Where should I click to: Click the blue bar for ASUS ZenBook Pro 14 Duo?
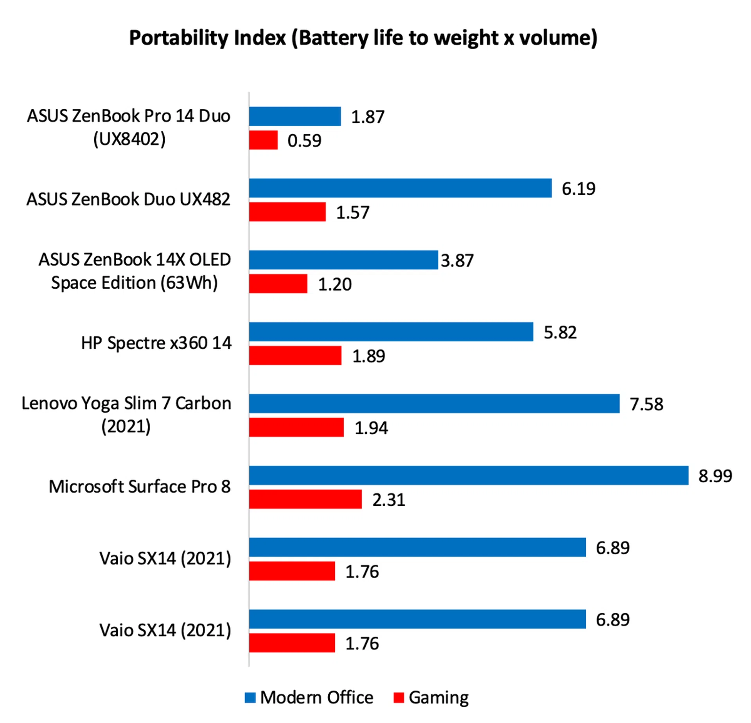pos(295,116)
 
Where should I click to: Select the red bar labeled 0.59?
pos(263,140)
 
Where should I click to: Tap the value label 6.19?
pos(579,189)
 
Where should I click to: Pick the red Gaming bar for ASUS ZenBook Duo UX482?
pos(287,212)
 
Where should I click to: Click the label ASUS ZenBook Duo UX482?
pos(128,199)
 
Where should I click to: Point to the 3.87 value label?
pos(457,261)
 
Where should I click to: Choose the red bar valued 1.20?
pos(278,284)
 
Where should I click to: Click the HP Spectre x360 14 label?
pos(156,343)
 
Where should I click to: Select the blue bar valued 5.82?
pos(391,332)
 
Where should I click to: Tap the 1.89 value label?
pos(368,356)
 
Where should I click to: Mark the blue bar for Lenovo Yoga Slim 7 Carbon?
pos(434,403)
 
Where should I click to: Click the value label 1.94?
pos(371,428)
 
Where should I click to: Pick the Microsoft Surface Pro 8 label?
pos(140,487)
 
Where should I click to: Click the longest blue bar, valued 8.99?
pos(469,475)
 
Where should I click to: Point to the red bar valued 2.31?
pos(305,499)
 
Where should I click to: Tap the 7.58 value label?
pos(647,404)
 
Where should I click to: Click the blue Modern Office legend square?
pos(250,698)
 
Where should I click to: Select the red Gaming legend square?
pos(399,698)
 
